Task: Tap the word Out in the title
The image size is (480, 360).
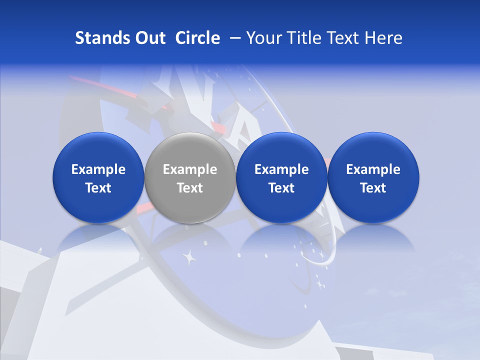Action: pyautogui.click(x=149, y=38)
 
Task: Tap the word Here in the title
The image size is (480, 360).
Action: pyautogui.click(x=385, y=38)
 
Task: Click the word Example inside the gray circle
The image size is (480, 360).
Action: pyautogui.click(x=190, y=169)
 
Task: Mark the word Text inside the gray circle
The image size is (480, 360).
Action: pyautogui.click(x=190, y=188)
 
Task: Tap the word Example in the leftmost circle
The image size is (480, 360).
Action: pyautogui.click(x=98, y=169)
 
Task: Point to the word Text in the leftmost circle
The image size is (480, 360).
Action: pyautogui.click(x=98, y=188)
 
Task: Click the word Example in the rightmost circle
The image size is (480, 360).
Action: pyautogui.click(x=373, y=169)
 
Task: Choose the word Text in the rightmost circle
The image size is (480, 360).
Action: pyautogui.click(x=373, y=188)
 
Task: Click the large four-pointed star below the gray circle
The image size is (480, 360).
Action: pyautogui.click(x=189, y=257)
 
